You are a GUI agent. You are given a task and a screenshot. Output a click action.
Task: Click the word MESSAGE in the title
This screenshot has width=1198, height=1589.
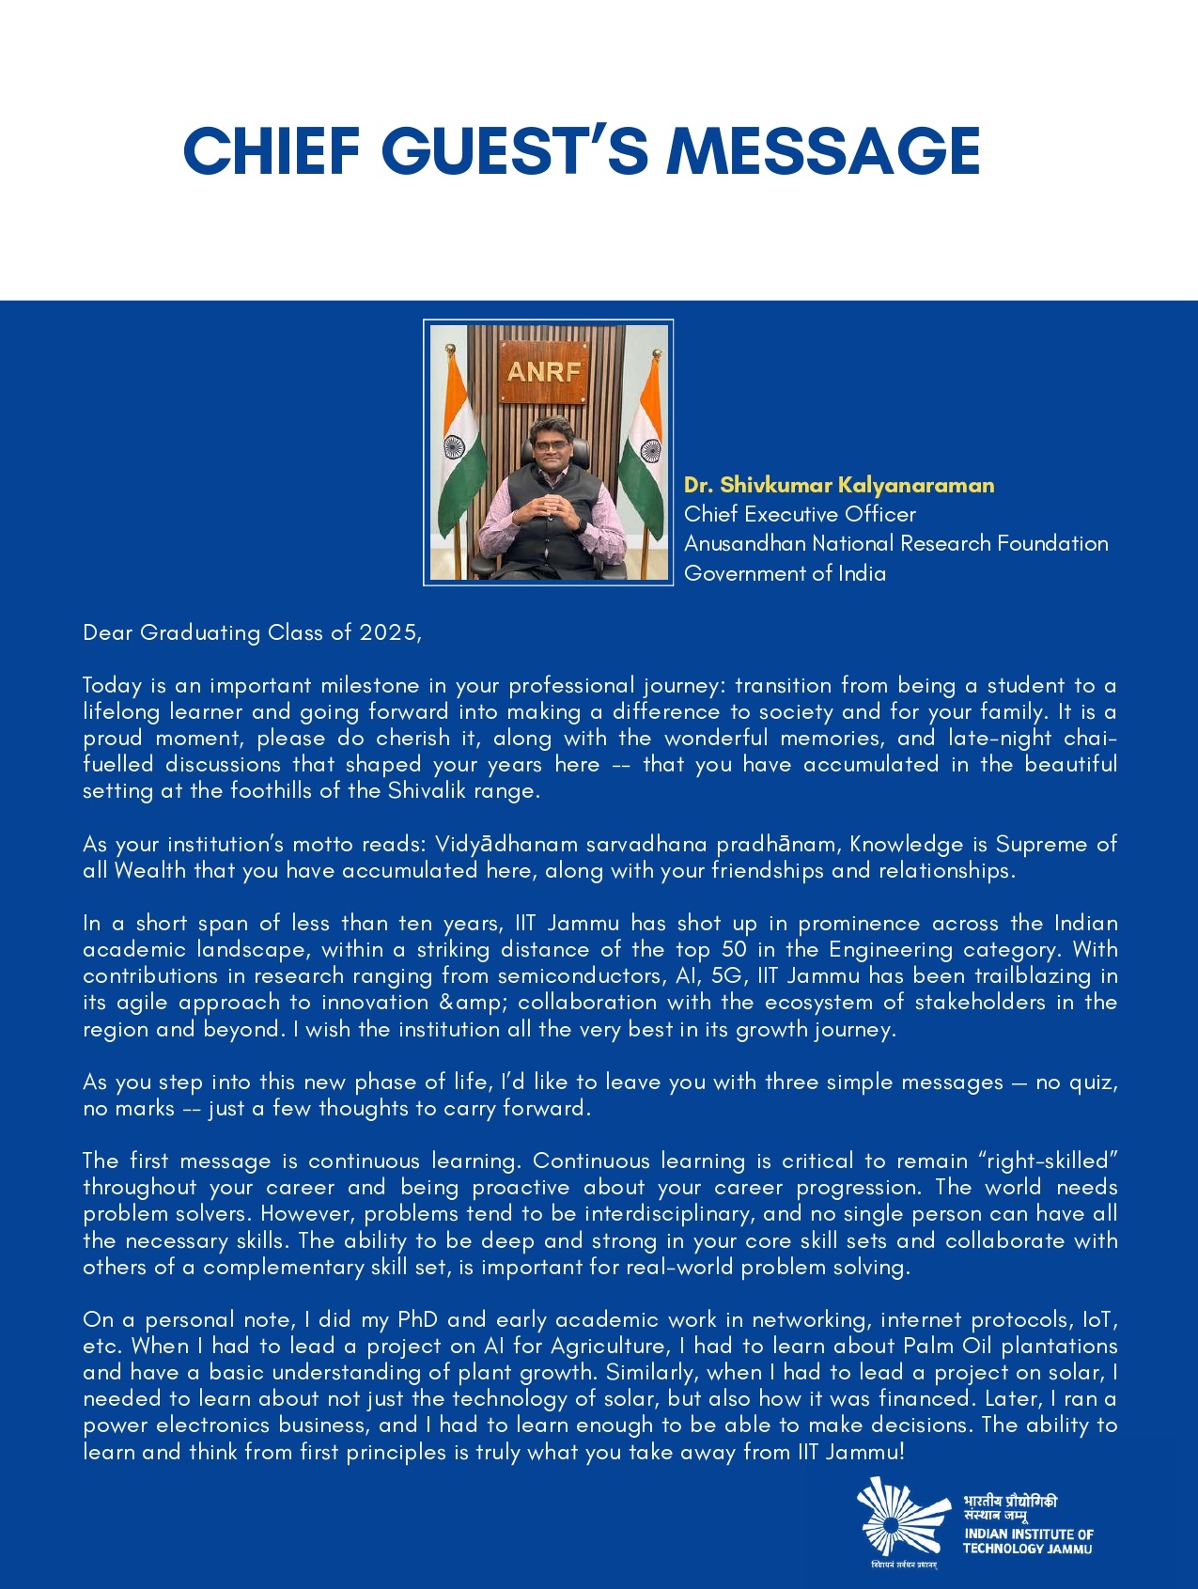pos(823,150)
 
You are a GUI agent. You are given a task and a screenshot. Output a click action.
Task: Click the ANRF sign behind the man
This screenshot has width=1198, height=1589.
pos(544,372)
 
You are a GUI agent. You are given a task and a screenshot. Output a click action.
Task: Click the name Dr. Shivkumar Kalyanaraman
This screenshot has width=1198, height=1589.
pos(838,485)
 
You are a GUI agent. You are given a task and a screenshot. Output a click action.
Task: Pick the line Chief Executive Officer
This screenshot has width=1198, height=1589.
pos(800,514)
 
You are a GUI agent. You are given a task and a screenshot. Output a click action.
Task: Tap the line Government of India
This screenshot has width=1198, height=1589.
pos(785,573)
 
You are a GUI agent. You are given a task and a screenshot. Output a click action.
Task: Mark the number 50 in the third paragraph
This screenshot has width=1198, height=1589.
pos(734,950)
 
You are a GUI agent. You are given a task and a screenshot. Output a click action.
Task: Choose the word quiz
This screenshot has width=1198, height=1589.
pos(1093,1083)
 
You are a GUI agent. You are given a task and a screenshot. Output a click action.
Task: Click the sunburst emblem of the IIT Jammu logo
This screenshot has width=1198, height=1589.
pos(899,1516)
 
